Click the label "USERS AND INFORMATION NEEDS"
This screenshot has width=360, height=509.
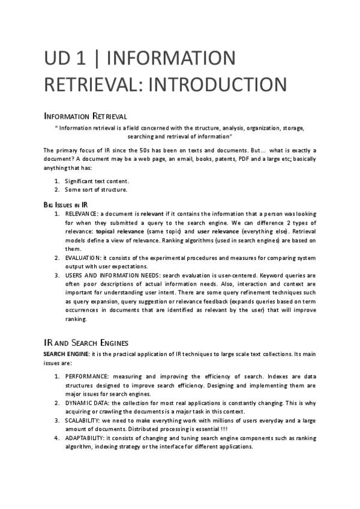point(112,276)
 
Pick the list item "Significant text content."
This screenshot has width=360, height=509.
point(97,181)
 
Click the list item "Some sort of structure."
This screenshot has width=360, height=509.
point(96,190)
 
